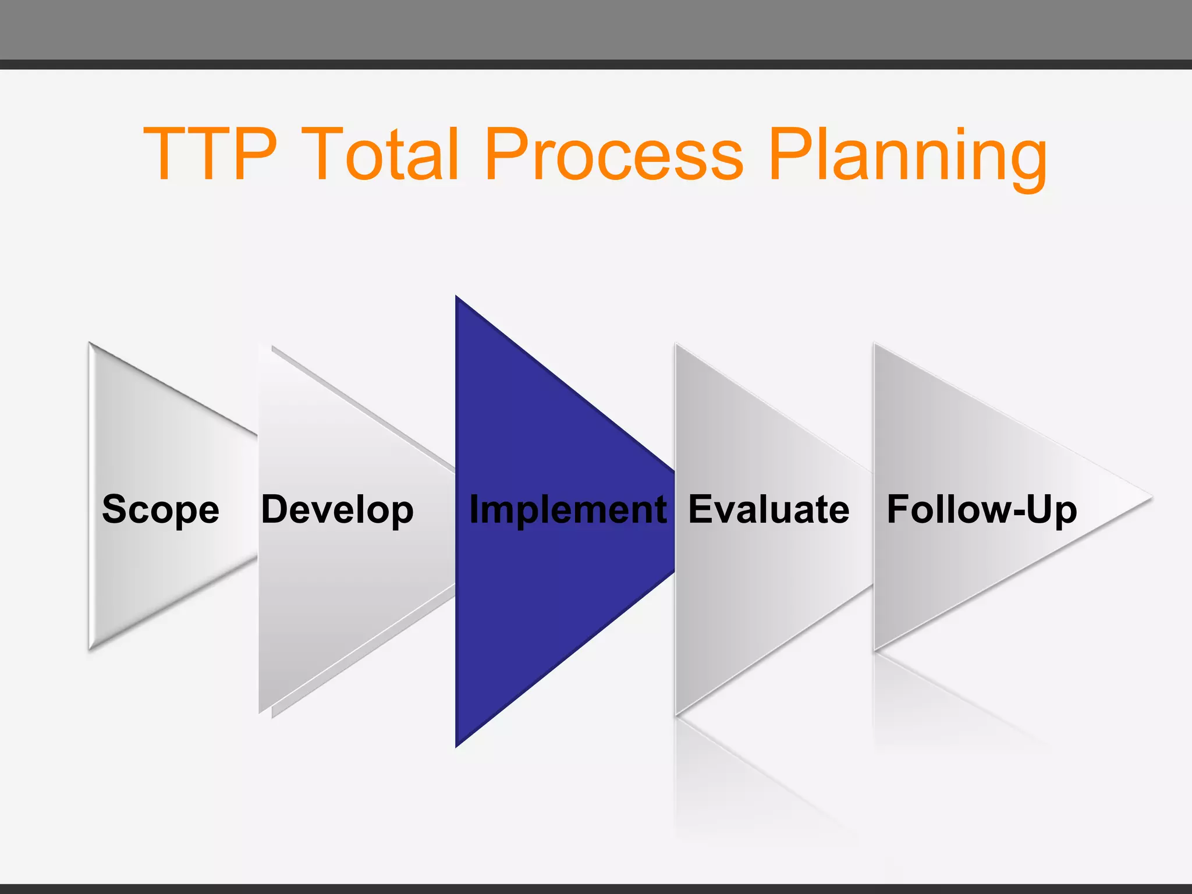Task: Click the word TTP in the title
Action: coord(210,154)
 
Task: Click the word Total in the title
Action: coord(381,154)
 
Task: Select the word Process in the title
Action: coord(614,154)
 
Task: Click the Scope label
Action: coord(161,510)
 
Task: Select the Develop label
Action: coord(338,510)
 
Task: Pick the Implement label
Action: coord(568,510)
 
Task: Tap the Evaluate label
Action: coord(769,510)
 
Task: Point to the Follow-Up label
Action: coord(982,510)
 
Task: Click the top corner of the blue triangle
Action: coord(457,297)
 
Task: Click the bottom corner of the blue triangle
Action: coord(457,746)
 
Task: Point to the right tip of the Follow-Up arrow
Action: coord(1150,498)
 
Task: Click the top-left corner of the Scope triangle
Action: coord(90,344)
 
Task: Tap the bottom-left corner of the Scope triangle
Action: coord(90,647)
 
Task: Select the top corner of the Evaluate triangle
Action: coord(676,345)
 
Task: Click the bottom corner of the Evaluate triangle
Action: coord(676,714)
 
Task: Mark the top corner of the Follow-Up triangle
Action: coord(875,345)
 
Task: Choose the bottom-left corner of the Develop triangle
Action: coord(261,711)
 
